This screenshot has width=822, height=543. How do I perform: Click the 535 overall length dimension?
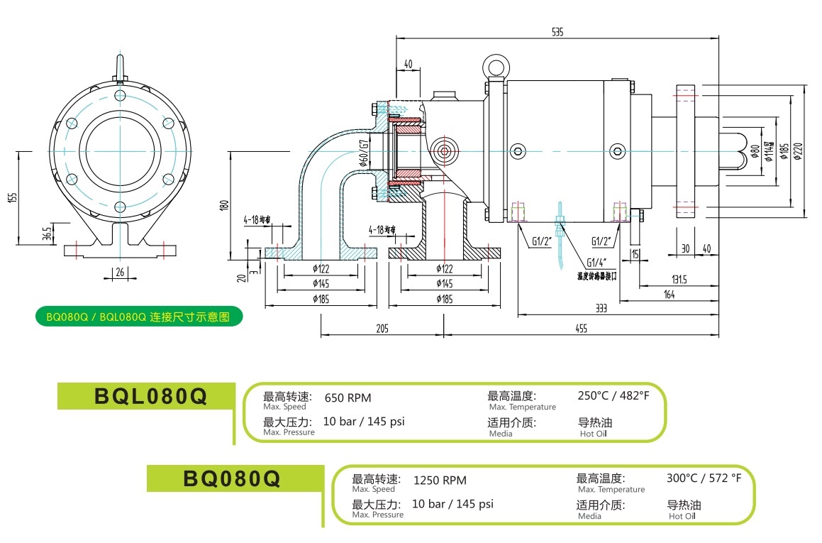point(558,31)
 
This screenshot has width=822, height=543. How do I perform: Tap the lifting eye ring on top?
point(494,67)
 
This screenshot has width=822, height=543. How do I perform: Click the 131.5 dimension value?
point(679,279)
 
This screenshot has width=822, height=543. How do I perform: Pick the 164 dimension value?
point(670,295)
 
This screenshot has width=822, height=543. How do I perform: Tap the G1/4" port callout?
point(596,262)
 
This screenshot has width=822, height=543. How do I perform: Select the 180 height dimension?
point(224,205)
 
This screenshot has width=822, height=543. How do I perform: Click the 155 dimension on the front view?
point(13,197)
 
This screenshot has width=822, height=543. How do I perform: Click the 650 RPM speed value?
point(348,397)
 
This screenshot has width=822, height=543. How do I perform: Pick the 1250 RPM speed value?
point(440,481)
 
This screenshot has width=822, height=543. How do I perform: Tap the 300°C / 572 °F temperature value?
point(704,478)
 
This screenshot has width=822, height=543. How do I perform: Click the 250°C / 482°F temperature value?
point(613,395)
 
